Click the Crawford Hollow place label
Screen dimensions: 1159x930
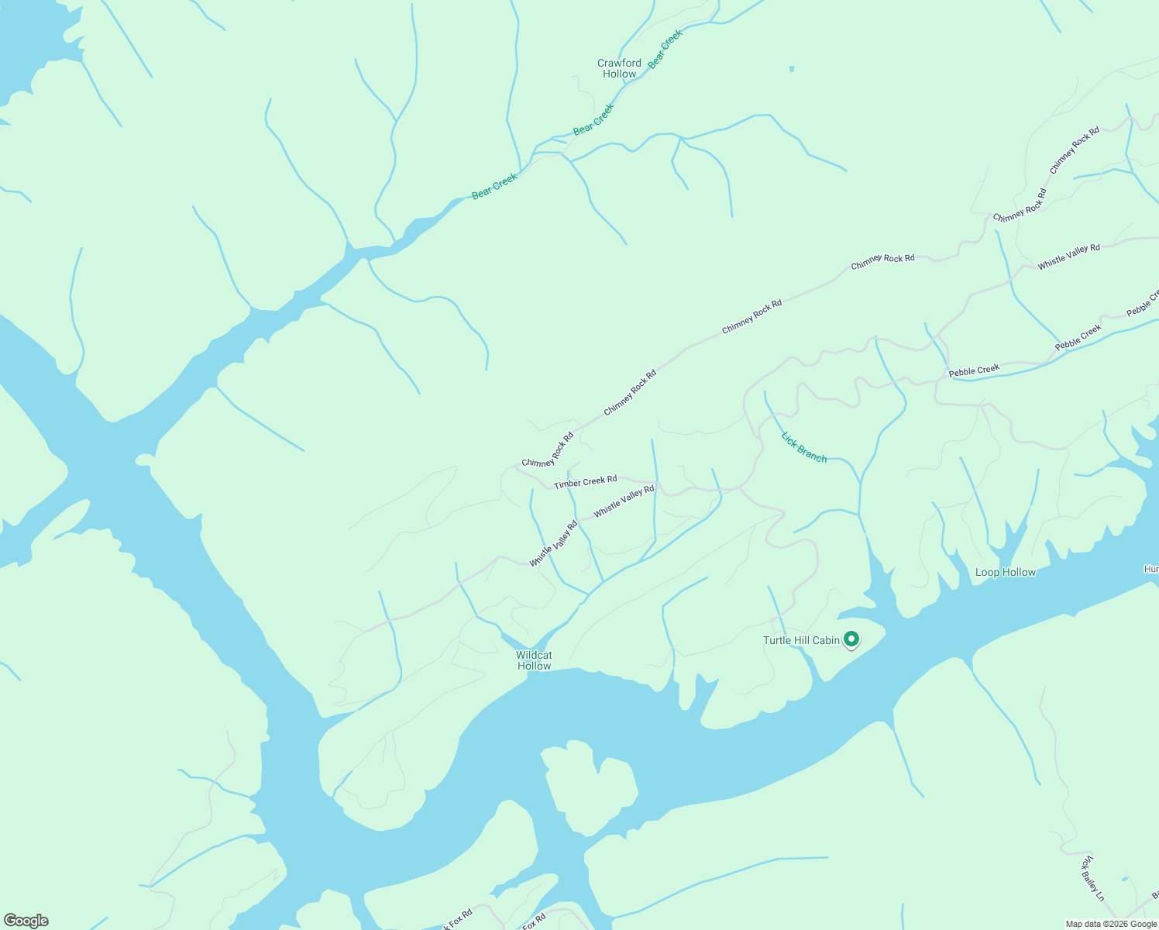619,69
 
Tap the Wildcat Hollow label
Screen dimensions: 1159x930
534,660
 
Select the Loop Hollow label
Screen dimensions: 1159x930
1005,573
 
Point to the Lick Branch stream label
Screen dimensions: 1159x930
803,448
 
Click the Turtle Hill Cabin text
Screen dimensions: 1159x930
801,640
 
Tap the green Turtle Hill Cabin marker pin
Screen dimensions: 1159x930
851,639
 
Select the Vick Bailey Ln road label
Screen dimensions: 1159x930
1092,878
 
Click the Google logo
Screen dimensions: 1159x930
26,921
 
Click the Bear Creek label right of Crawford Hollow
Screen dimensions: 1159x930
665,50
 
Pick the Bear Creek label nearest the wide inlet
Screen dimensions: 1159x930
494,187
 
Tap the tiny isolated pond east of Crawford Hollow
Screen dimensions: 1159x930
791,69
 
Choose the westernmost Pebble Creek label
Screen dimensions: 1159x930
974,370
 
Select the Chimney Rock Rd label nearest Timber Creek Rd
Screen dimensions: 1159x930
548,450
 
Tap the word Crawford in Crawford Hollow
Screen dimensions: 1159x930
619,64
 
